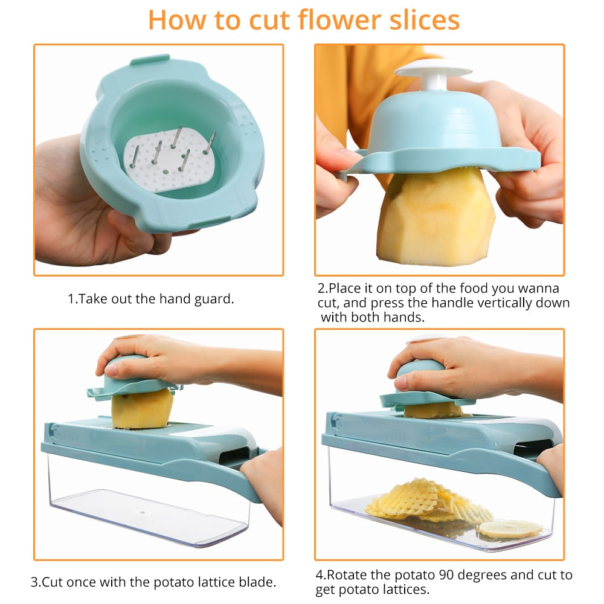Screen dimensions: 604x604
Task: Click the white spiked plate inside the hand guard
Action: tap(169, 160)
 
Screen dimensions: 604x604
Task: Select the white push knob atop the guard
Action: tap(432, 72)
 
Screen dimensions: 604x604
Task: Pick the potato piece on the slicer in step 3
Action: tap(143, 408)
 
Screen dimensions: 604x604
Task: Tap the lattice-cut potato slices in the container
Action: tap(423, 501)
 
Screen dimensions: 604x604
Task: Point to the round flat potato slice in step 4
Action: tap(510, 528)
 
